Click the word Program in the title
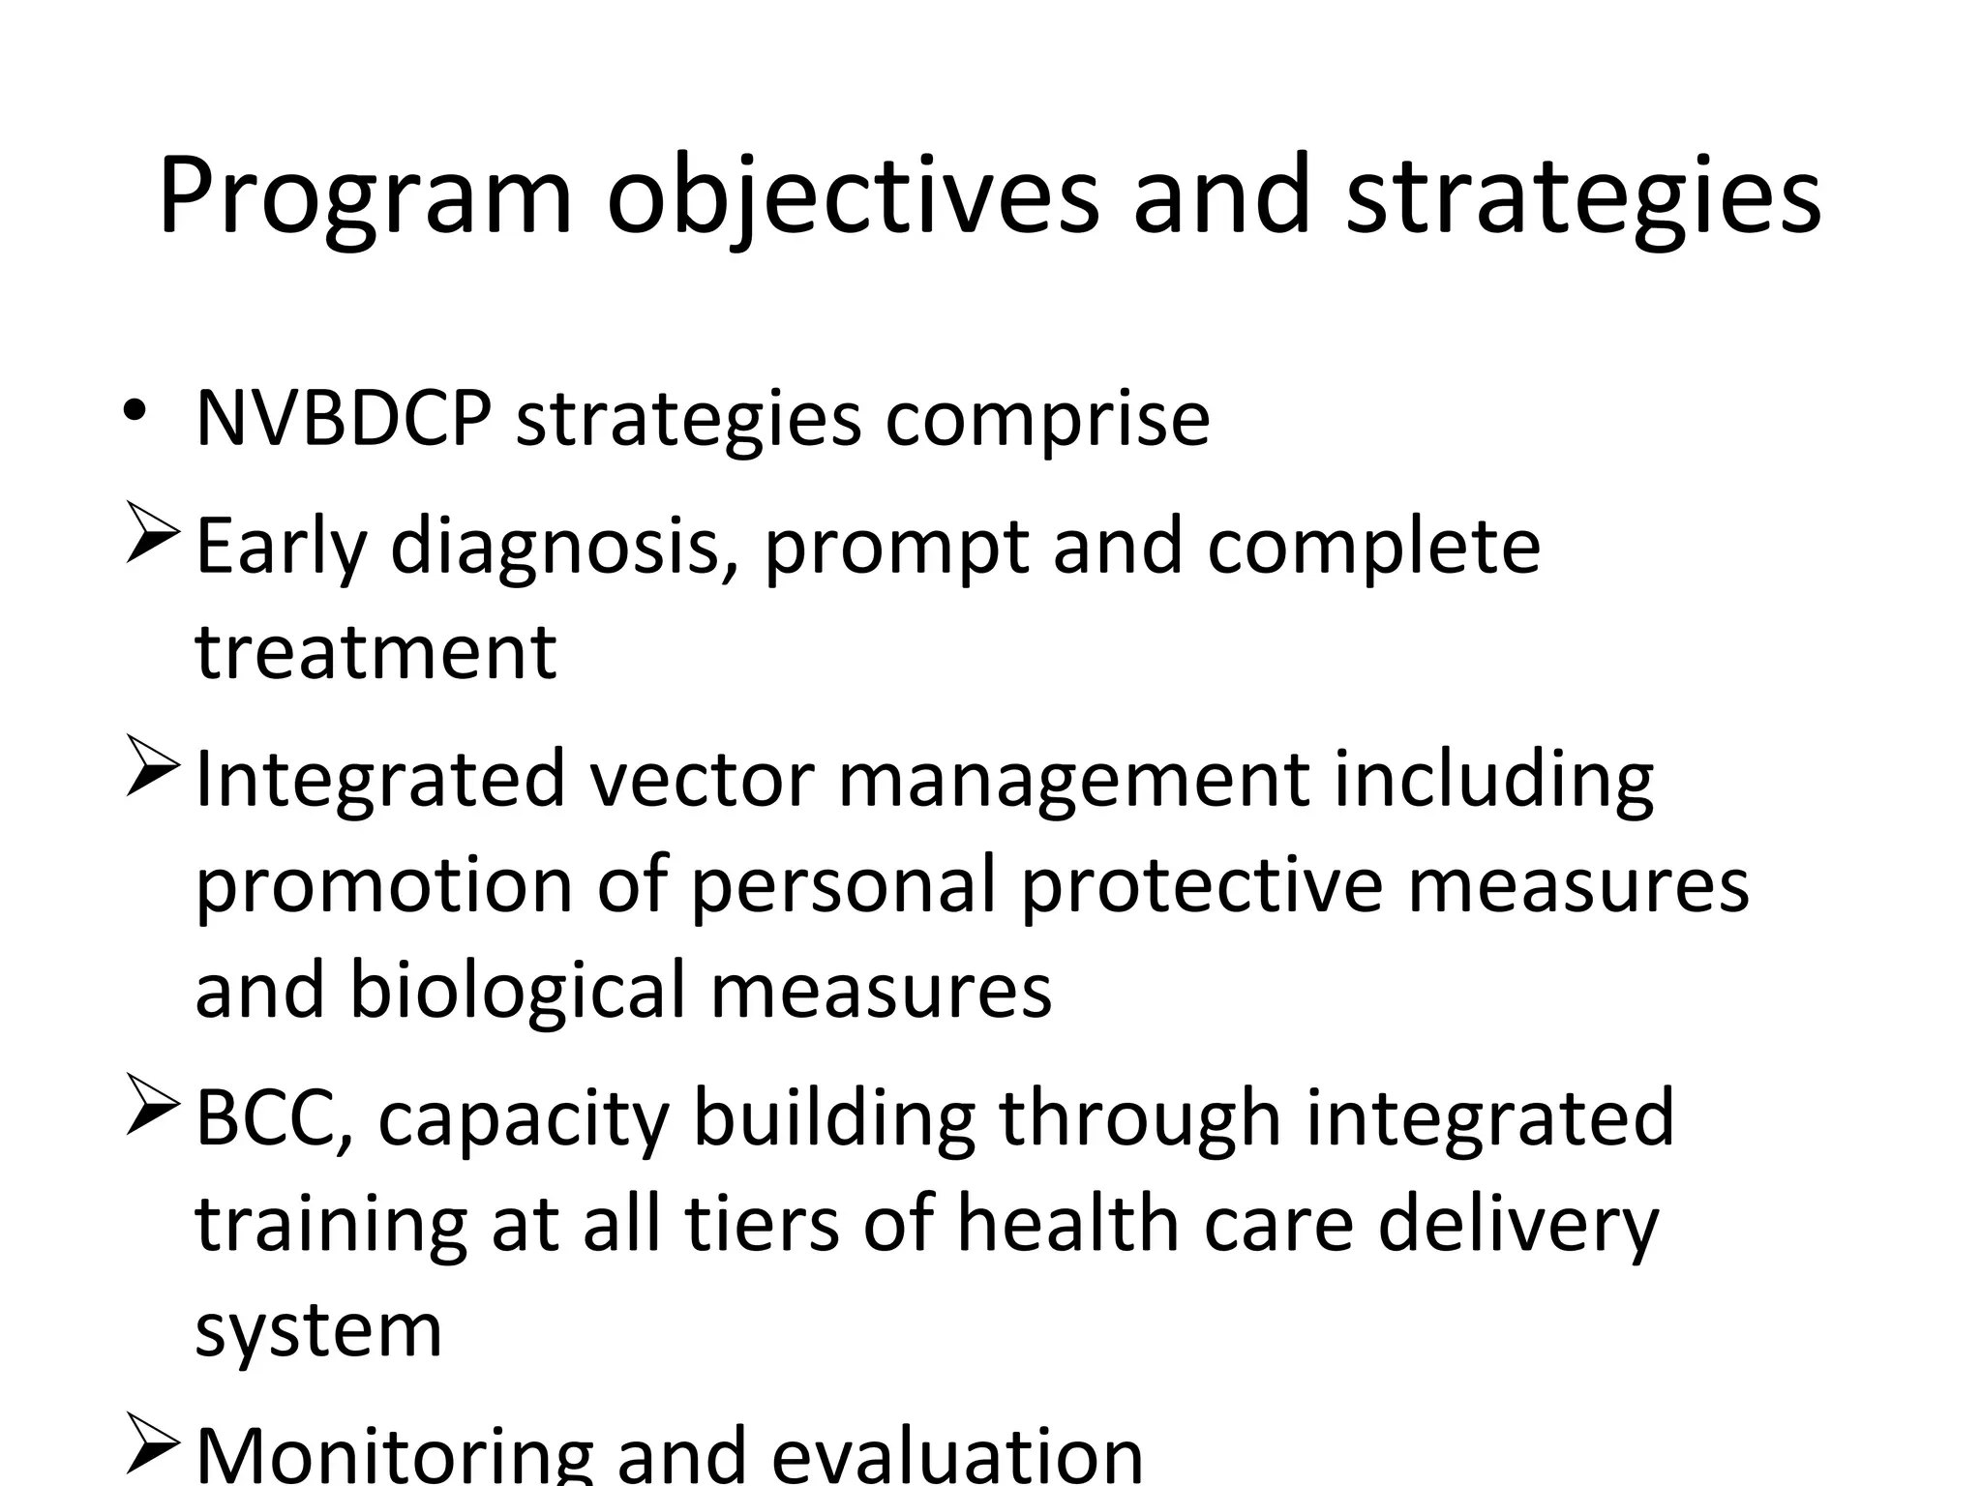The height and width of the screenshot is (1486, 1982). point(365,197)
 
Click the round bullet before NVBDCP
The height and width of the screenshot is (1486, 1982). point(135,410)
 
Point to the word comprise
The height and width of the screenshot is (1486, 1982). point(1047,421)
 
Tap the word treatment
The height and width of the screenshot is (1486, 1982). point(375,651)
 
